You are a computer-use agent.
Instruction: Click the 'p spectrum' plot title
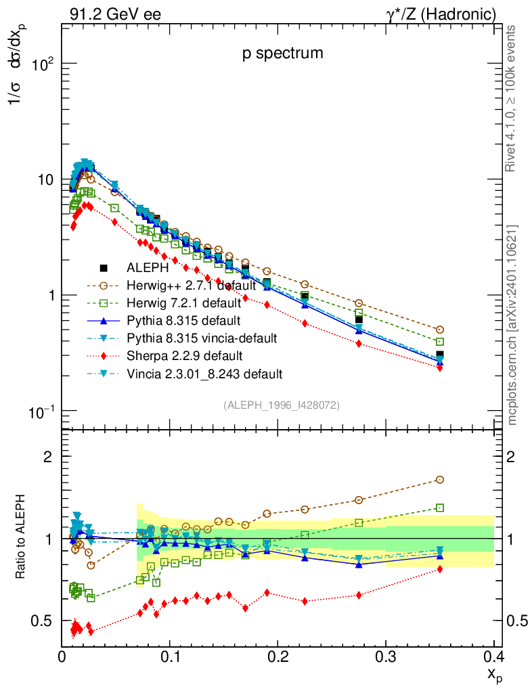[x=283, y=53]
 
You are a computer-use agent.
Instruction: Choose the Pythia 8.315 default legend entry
[x=184, y=320]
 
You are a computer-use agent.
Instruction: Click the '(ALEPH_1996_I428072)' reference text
[x=282, y=405]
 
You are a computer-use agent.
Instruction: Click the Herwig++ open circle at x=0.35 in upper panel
[x=440, y=330]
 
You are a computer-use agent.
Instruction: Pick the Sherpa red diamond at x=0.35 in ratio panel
[x=440, y=569]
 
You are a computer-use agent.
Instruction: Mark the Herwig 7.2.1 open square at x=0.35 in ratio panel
[x=440, y=508]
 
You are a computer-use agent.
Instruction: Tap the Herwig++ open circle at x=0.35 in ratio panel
[x=440, y=480]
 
